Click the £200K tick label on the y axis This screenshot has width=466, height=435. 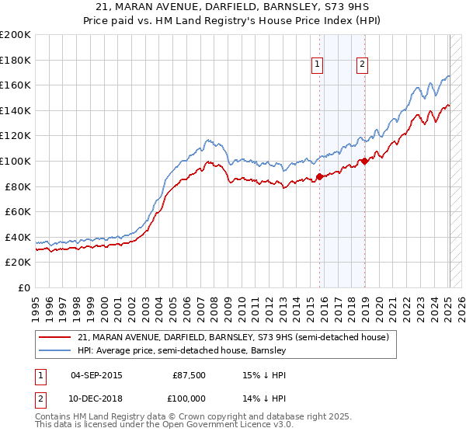[16, 35]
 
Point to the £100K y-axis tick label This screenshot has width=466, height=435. [16, 161]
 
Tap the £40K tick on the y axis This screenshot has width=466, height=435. [19, 237]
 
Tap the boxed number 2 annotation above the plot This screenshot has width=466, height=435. [363, 65]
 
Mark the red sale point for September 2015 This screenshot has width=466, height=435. [319, 177]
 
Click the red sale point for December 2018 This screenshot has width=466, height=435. [363, 162]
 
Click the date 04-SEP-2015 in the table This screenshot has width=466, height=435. [96, 376]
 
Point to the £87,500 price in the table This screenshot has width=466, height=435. [190, 376]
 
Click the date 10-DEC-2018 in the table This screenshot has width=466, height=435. [96, 398]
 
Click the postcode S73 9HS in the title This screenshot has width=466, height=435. [338, 8]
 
